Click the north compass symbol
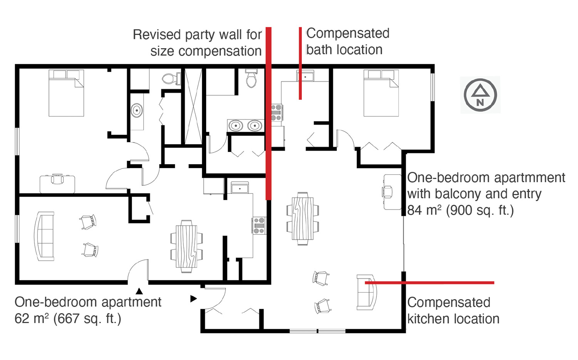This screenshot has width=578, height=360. (x=480, y=95)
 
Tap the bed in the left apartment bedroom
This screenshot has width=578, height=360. (x=66, y=93)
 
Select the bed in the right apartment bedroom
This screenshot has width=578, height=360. (x=381, y=93)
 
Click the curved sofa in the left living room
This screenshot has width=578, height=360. (x=44, y=236)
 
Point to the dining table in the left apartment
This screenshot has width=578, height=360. (x=186, y=246)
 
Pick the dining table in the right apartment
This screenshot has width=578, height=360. (x=302, y=219)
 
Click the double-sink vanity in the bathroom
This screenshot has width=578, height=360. (x=245, y=126)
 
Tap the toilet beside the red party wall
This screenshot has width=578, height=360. (x=251, y=78)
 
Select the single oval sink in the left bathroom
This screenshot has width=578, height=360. (x=136, y=111)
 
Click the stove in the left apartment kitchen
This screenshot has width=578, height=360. (x=259, y=225)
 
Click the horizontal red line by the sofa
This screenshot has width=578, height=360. (x=429, y=283)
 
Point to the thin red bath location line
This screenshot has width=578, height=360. (x=300, y=63)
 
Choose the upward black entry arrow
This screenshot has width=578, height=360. (x=139, y=291)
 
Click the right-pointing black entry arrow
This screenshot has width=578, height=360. (x=193, y=299)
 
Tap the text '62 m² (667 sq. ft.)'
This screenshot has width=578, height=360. (x=68, y=318)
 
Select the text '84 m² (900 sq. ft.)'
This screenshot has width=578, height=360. (x=460, y=210)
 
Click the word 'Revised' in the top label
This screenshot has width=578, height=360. (x=156, y=35)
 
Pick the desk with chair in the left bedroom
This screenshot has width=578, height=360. (x=57, y=183)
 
